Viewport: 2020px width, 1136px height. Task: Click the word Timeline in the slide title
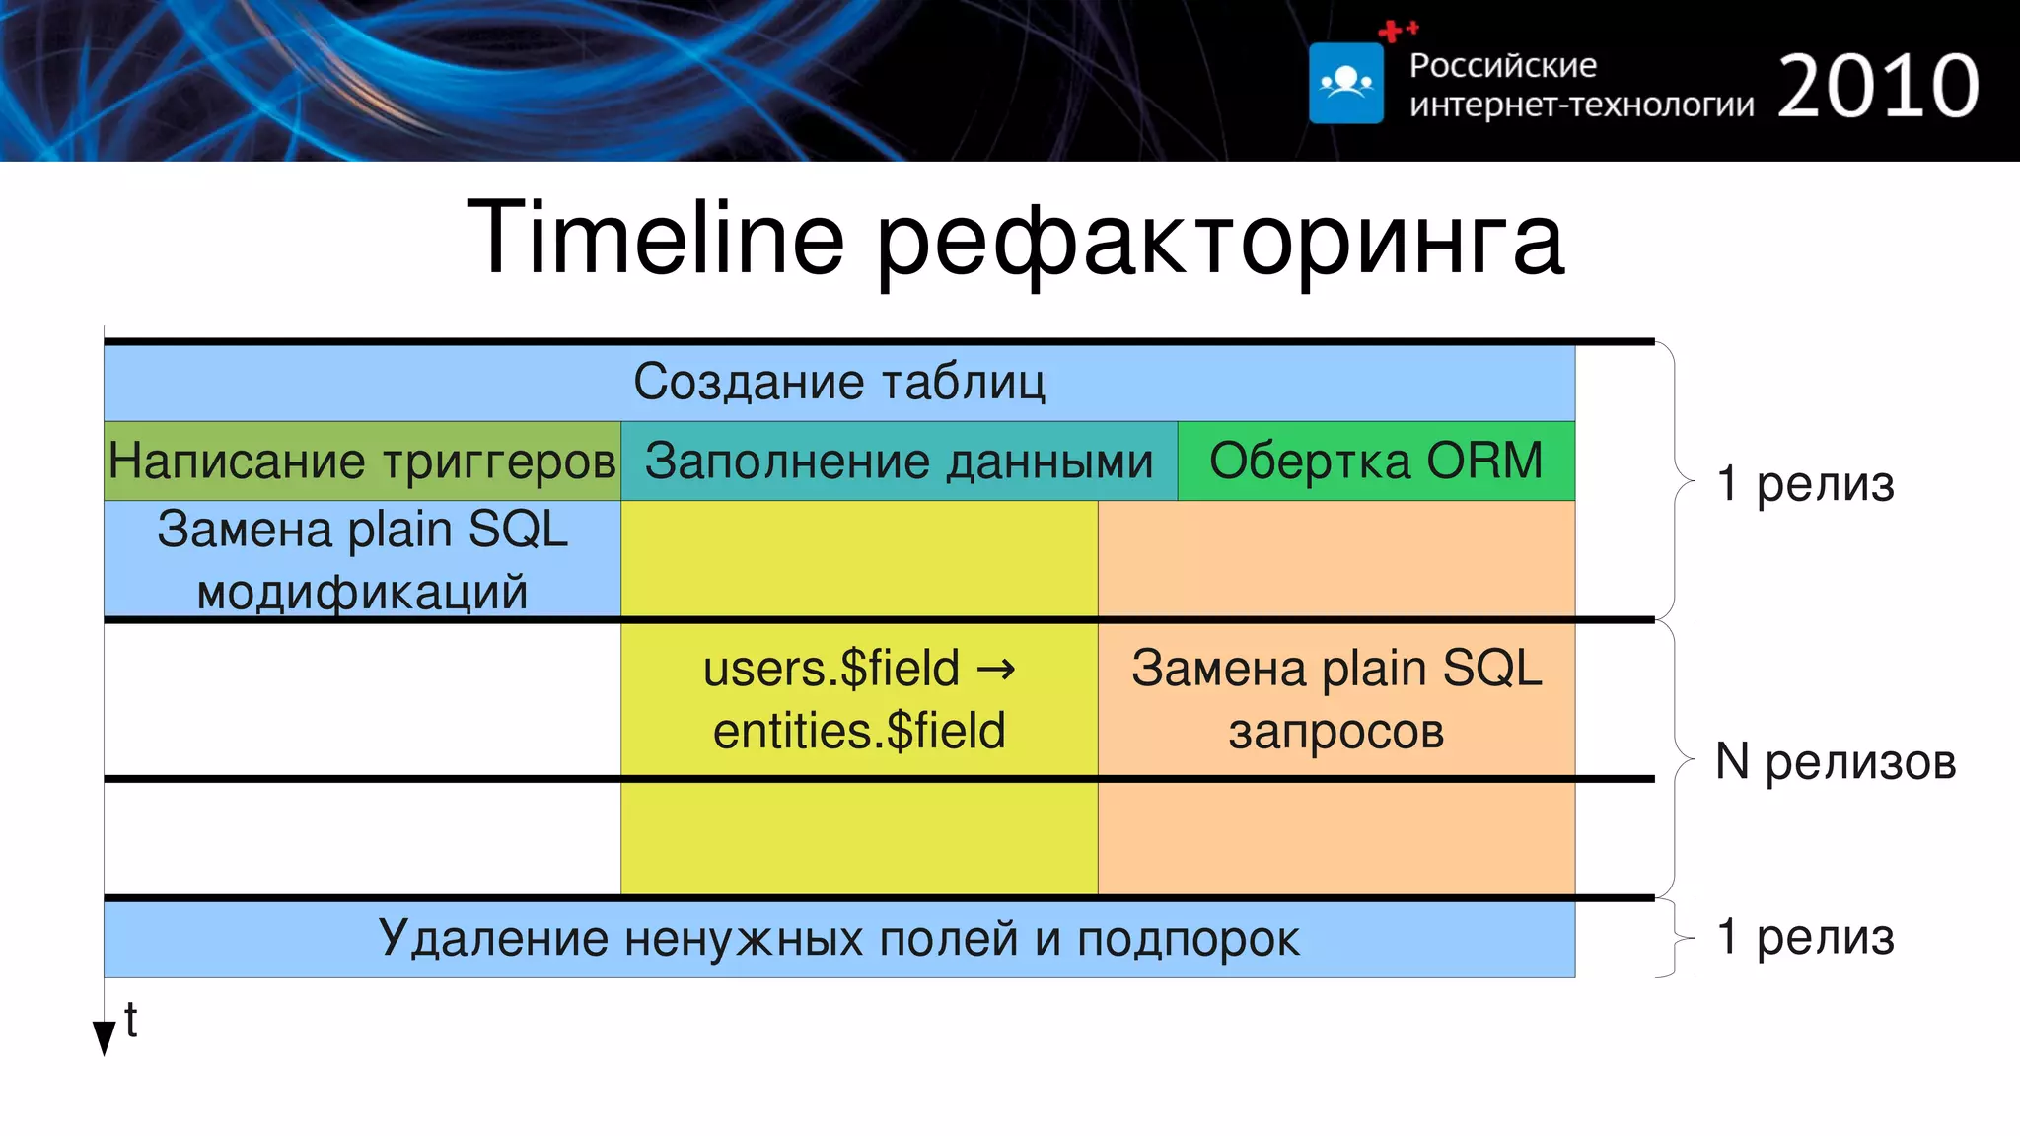(x=655, y=239)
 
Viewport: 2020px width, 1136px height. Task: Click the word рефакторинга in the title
(x=1219, y=243)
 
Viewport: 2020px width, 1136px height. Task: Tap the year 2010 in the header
(x=1877, y=87)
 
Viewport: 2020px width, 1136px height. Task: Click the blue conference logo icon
(x=1345, y=84)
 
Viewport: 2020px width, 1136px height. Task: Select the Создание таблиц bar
(x=838, y=382)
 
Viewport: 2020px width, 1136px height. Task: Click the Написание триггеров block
(x=362, y=461)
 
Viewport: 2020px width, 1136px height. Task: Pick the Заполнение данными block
(x=899, y=461)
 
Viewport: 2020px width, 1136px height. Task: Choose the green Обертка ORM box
(x=1376, y=461)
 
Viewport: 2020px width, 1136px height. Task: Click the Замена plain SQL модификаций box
(x=362, y=559)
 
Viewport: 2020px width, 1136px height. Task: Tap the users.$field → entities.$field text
(x=858, y=699)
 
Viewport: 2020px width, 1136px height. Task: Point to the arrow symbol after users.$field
(x=995, y=670)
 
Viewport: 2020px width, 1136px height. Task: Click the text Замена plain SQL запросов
(x=1335, y=699)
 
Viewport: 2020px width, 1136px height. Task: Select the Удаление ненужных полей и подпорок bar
(x=838, y=938)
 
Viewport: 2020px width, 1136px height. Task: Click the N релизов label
(x=1835, y=761)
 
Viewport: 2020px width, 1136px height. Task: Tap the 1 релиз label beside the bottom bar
(x=1805, y=936)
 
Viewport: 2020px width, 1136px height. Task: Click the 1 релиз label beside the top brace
(x=1805, y=483)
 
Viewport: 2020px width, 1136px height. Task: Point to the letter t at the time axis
(x=130, y=1020)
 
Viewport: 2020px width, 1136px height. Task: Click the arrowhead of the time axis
(x=104, y=1037)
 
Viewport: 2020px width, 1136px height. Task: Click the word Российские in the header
(x=1502, y=65)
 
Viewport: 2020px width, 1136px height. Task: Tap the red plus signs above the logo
(x=1398, y=31)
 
